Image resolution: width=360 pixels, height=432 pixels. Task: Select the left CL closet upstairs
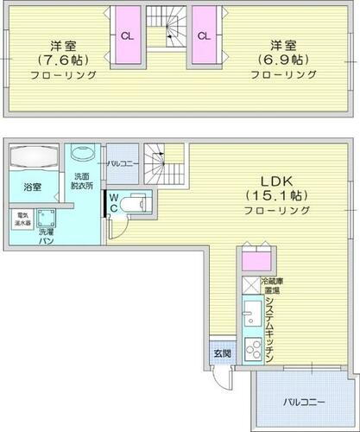pos(127,36)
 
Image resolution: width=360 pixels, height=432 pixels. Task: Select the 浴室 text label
pos(33,185)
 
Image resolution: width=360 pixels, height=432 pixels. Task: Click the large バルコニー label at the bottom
pos(302,402)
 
